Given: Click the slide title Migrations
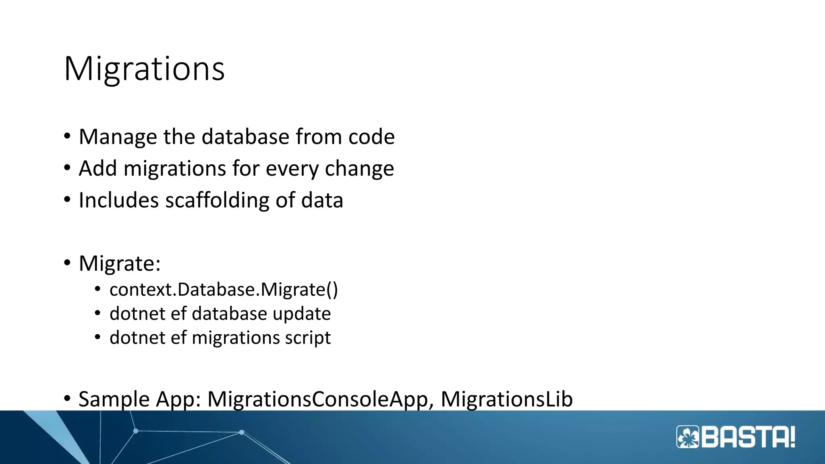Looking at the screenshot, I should [144, 69].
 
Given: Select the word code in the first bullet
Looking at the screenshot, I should [371, 137].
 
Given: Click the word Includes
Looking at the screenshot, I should [118, 200].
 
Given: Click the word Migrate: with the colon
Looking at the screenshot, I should [120, 264].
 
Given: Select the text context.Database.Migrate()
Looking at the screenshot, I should [224, 290].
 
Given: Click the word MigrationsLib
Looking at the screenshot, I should [506, 400].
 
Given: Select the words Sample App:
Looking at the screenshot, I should [139, 400].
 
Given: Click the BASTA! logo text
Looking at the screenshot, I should [748, 437].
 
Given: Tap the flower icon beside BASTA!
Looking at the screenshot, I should [688, 437].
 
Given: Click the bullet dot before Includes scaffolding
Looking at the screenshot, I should [67, 199].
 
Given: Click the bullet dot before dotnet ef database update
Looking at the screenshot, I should [97, 313].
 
